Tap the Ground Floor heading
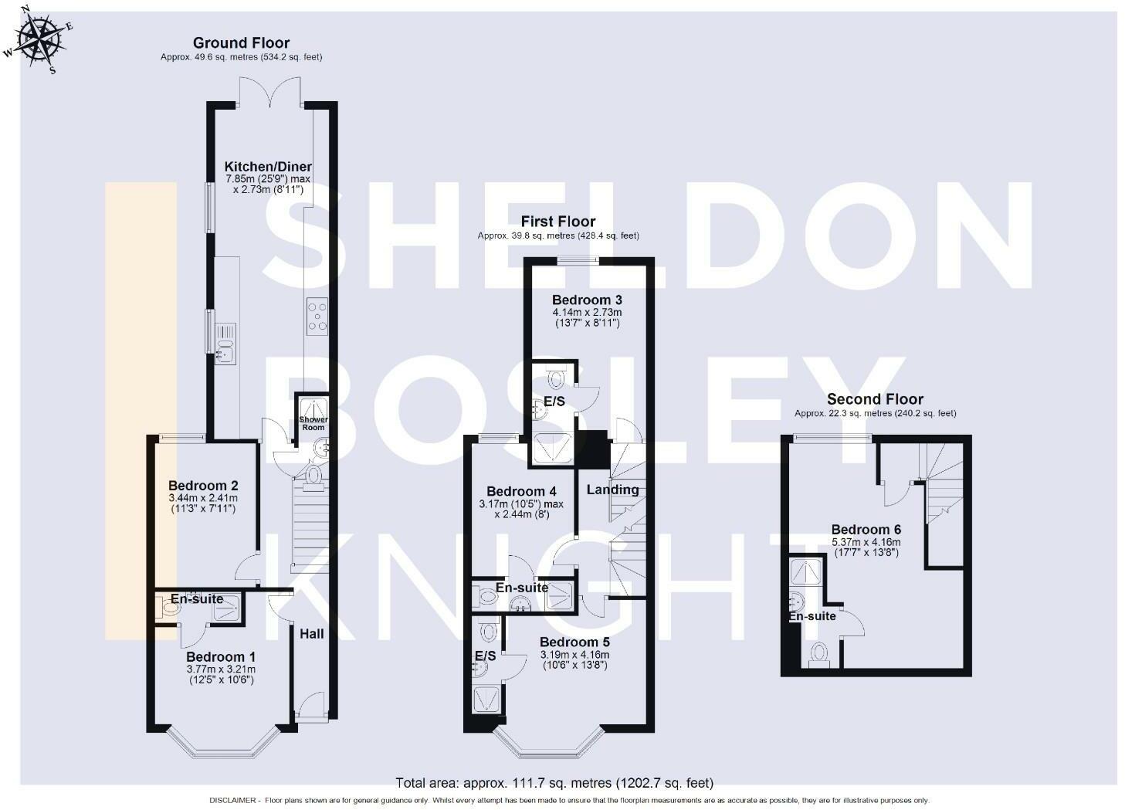coord(241,42)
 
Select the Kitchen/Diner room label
coord(268,167)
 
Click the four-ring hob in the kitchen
coord(317,316)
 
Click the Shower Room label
coord(313,423)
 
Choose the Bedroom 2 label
coord(203,486)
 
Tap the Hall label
coord(312,634)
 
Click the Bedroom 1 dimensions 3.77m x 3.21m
coord(221,669)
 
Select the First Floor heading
coord(557,222)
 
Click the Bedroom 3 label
coord(587,300)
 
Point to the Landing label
coord(612,490)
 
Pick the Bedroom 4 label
coord(521,491)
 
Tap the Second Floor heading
coord(875,399)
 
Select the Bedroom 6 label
coord(866,530)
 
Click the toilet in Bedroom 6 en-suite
coord(818,654)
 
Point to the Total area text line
coord(554,783)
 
